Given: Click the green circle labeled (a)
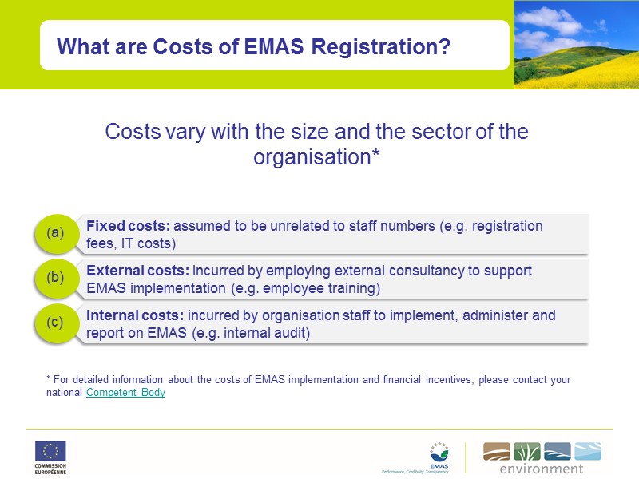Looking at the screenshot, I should pyautogui.click(x=54, y=232).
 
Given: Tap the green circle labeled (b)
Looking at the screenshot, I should pyautogui.click(x=54, y=278).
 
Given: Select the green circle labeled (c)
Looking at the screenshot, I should pyautogui.click(x=54, y=323).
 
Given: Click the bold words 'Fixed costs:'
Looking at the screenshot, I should pyautogui.click(x=128, y=226).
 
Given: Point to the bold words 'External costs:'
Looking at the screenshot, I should pyautogui.click(x=137, y=271).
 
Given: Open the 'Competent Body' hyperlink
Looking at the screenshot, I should pyautogui.click(x=125, y=393).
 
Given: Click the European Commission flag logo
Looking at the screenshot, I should pyautogui.click(x=50, y=451).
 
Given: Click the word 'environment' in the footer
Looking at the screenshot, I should pyautogui.click(x=542, y=469).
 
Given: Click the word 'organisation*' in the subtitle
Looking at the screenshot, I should pyautogui.click(x=316, y=157).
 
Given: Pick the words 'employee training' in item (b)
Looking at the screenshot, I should pyautogui.click(x=324, y=288).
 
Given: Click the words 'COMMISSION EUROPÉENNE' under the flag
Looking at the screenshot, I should pyautogui.click(x=50, y=469).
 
